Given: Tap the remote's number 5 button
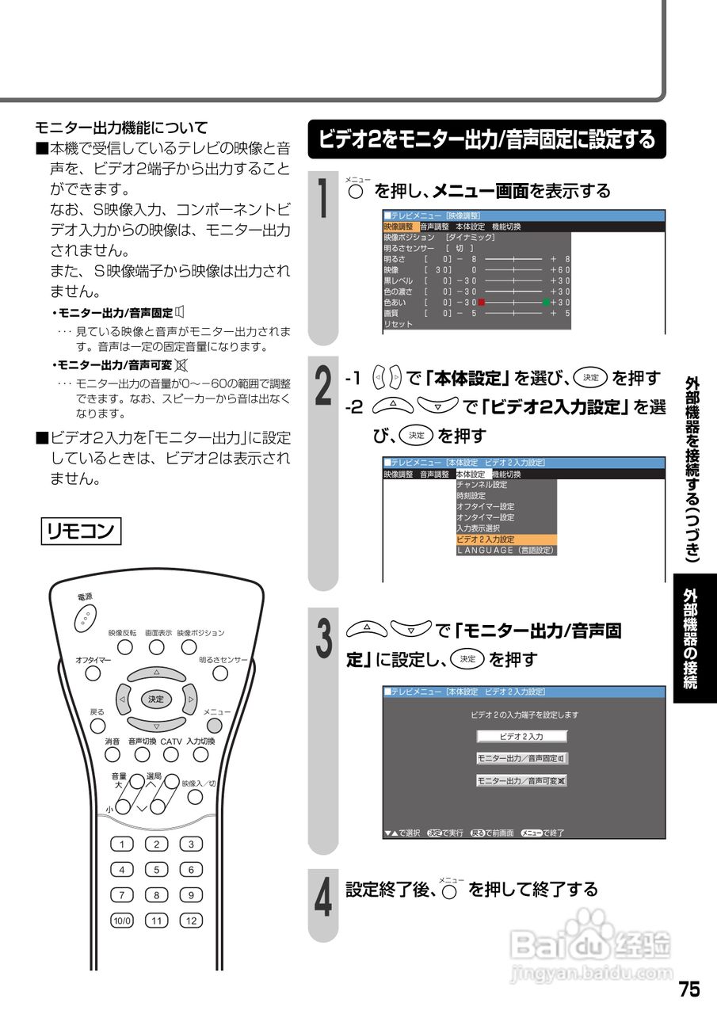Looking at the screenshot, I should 156,870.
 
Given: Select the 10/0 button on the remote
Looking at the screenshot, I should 122,921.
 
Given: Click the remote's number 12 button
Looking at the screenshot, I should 191,921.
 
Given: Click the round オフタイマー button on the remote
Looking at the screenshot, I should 93,673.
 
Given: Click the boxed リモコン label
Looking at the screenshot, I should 80,530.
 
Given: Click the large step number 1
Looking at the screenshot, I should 324,198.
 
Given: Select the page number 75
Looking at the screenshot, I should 688,989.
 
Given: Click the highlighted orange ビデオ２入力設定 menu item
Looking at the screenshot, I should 506,539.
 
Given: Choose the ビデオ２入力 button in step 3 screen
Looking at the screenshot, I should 521,736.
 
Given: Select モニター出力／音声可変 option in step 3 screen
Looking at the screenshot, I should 521,780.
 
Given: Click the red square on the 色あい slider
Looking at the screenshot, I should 481,302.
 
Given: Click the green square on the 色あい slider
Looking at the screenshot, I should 546,302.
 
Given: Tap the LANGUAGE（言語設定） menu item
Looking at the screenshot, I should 506,550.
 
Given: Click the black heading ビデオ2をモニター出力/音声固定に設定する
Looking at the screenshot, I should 486,139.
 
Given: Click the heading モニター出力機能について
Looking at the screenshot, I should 121,127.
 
